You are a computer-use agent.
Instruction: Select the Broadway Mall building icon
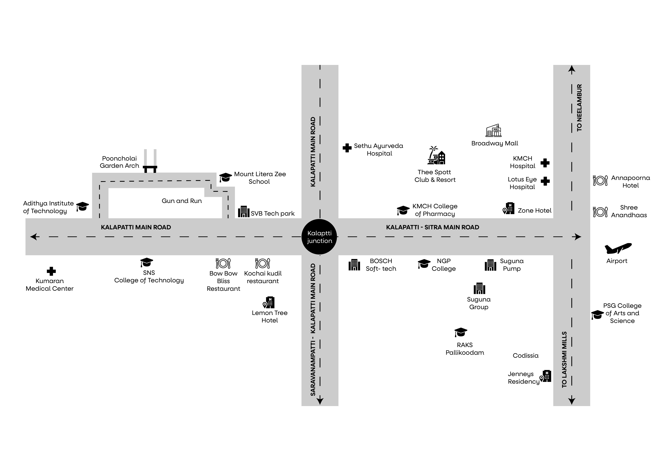493,131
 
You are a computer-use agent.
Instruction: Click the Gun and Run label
182,201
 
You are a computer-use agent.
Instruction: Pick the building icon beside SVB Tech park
243,212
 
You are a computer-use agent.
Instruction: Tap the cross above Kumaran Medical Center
51,271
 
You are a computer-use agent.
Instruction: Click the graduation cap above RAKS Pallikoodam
461,332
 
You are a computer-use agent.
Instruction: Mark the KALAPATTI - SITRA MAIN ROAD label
432,227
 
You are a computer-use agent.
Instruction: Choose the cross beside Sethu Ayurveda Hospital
347,148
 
